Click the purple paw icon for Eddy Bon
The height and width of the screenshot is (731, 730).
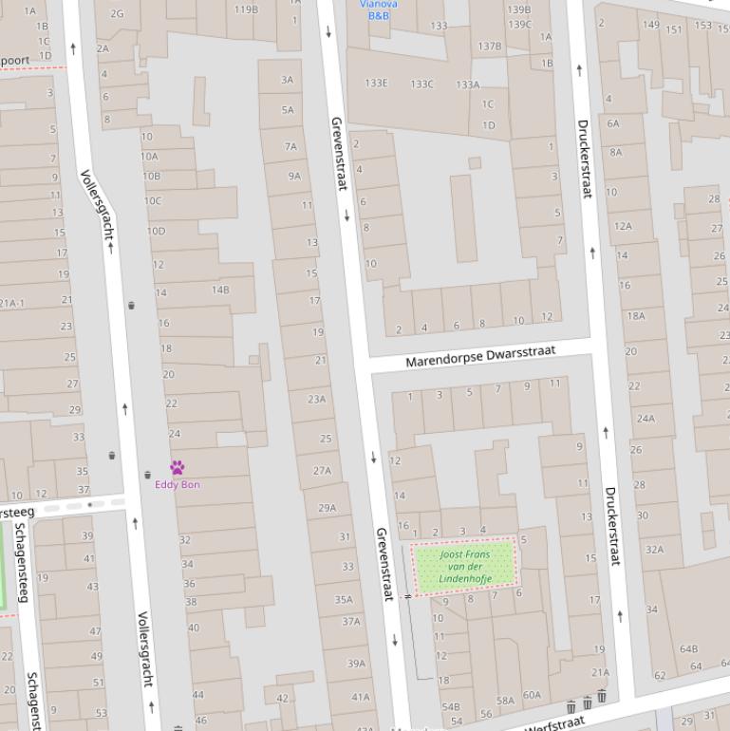click(177, 467)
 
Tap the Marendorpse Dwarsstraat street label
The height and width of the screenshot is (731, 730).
click(480, 356)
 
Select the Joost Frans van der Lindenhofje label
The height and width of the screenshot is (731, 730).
click(465, 566)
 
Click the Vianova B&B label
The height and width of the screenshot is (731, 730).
click(378, 9)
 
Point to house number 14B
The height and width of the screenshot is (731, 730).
click(220, 290)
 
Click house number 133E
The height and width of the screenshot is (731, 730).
click(377, 84)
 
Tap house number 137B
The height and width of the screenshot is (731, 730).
click(490, 46)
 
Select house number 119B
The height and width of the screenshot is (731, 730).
click(246, 9)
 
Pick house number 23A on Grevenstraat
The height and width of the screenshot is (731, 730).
click(316, 399)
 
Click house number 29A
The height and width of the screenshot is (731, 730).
click(327, 508)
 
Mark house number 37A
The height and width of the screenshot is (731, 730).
click(351, 622)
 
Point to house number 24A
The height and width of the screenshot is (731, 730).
click(646, 418)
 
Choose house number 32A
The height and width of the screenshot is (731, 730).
click(654, 549)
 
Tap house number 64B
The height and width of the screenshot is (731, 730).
click(688, 649)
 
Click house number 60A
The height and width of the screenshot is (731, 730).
click(532, 695)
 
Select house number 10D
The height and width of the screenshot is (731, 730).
click(156, 231)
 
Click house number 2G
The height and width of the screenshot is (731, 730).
click(117, 13)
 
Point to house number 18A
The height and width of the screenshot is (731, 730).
click(635, 316)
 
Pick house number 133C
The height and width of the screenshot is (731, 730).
click(421, 84)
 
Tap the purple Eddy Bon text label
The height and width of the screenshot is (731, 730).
click(178, 484)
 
